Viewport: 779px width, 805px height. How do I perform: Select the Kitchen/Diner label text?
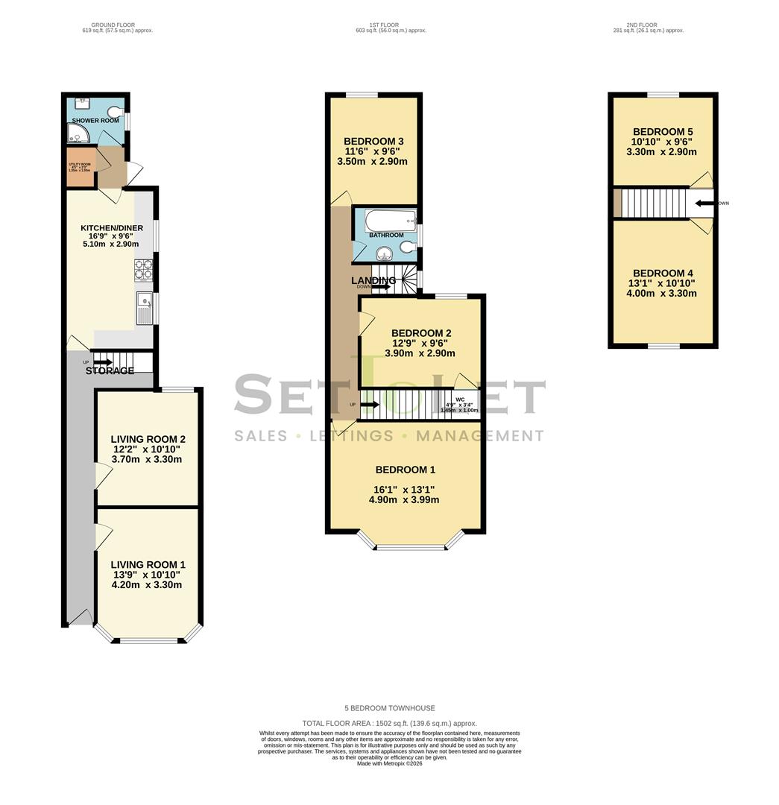tap(110, 228)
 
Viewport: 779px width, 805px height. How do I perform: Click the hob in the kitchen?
tap(143, 269)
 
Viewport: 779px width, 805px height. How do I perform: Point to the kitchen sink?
tap(145, 309)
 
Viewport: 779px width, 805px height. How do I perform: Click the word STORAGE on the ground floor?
tap(110, 370)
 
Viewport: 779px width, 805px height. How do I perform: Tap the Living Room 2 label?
tap(148, 439)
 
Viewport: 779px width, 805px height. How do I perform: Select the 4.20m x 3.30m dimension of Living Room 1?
tap(146, 584)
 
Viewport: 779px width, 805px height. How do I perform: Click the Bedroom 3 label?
tap(373, 142)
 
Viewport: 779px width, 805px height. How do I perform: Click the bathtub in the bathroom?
tap(389, 221)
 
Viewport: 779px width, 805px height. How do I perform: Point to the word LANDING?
tap(373, 280)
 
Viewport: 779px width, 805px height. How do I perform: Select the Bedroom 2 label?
tap(421, 333)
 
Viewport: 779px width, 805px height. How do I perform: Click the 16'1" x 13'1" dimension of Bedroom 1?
tap(404, 490)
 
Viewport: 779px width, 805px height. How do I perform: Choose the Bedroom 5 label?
tap(663, 131)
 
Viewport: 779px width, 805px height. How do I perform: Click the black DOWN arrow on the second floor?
tap(704, 203)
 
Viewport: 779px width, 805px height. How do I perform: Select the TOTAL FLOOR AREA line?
tap(389, 723)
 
